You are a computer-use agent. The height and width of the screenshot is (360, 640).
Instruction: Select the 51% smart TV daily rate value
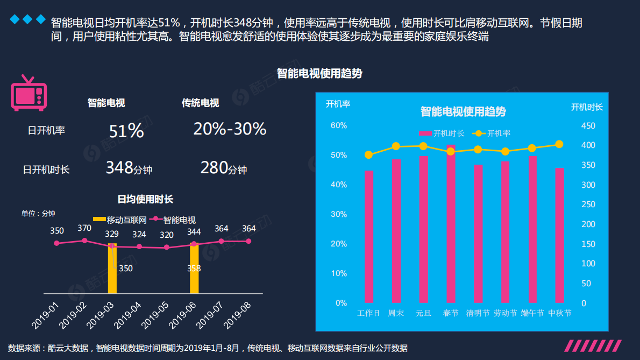(126, 131)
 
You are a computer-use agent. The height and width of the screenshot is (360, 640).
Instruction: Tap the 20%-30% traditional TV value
(230, 129)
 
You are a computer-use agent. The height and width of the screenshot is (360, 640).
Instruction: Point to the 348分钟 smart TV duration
(129, 168)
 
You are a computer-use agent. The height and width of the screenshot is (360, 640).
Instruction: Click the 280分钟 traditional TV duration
(223, 168)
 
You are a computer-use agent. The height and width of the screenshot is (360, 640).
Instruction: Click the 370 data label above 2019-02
(84, 228)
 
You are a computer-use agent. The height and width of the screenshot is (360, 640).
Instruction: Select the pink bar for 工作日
(368, 237)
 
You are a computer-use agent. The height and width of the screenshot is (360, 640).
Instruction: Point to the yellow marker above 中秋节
(559, 144)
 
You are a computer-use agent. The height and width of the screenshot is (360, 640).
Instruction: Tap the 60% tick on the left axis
(338, 125)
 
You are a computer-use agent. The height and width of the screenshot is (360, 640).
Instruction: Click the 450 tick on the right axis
(588, 125)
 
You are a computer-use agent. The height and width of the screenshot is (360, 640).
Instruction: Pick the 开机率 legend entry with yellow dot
(492, 133)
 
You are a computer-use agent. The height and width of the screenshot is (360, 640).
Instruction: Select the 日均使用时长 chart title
(145, 200)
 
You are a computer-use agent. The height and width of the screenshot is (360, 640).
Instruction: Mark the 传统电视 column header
(200, 103)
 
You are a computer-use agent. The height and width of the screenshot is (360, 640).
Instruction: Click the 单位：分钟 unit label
(38, 214)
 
